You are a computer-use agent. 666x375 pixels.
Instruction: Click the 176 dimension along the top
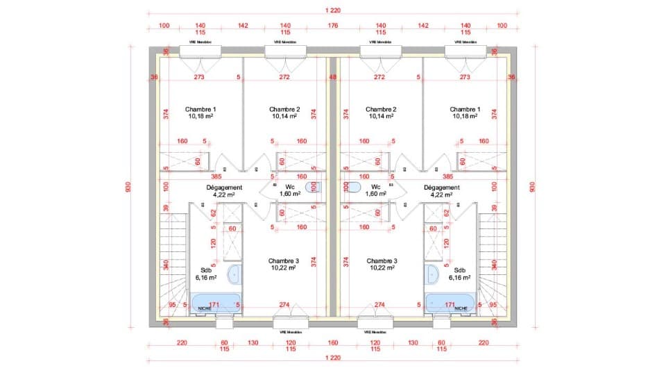click(x=332, y=26)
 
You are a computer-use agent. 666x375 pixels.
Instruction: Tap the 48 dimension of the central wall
click(x=332, y=77)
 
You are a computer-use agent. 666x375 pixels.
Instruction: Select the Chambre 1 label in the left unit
click(x=200, y=109)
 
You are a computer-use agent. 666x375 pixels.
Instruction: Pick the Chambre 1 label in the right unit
click(x=465, y=109)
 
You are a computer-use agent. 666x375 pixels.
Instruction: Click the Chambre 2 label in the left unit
click(x=284, y=109)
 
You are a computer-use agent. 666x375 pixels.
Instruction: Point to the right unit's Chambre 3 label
click(x=380, y=260)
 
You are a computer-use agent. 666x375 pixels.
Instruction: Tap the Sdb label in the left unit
click(x=205, y=270)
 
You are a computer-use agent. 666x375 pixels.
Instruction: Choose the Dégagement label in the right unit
click(x=442, y=187)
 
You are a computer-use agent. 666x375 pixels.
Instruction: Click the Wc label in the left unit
click(x=290, y=187)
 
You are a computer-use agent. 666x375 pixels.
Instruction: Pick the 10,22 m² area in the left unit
click(x=284, y=267)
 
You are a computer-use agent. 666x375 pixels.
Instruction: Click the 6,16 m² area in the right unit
click(x=459, y=277)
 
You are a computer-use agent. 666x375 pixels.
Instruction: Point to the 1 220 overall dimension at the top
click(x=332, y=10)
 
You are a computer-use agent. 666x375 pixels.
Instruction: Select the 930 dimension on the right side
click(x=533, y=187)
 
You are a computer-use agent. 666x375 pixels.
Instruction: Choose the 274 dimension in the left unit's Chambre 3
click(x=284, y=304)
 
